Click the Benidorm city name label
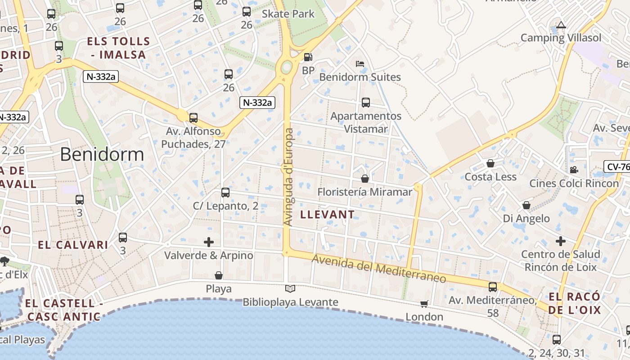click(x=102, y=154)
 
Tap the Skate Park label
click(x=288, y=14)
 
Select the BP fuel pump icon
click(x=308, y=57)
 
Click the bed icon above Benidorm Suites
click(x=360, y=63)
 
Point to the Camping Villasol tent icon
click(x=561, y=25)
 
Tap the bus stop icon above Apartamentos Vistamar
click(x=366, y=103)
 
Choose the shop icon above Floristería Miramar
click(x=365, y=179)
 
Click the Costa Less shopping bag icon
click(x=490, y=163)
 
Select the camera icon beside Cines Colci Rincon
click(x=574, y=170)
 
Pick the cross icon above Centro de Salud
click(x=560, y=241)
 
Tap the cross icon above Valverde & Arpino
click(x=209, y=242)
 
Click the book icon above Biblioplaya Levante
click(x=290, y=288)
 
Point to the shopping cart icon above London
click(x=424, y=304)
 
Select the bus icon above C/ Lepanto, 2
click(x=225, y=193)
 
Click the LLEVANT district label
click(x=327, y=215)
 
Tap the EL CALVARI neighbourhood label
click(x=73, y=245)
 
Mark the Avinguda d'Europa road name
click(x=288, y=177)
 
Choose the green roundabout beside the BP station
click(x=286, y=68)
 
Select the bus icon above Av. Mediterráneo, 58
click(x=493, y=287)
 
